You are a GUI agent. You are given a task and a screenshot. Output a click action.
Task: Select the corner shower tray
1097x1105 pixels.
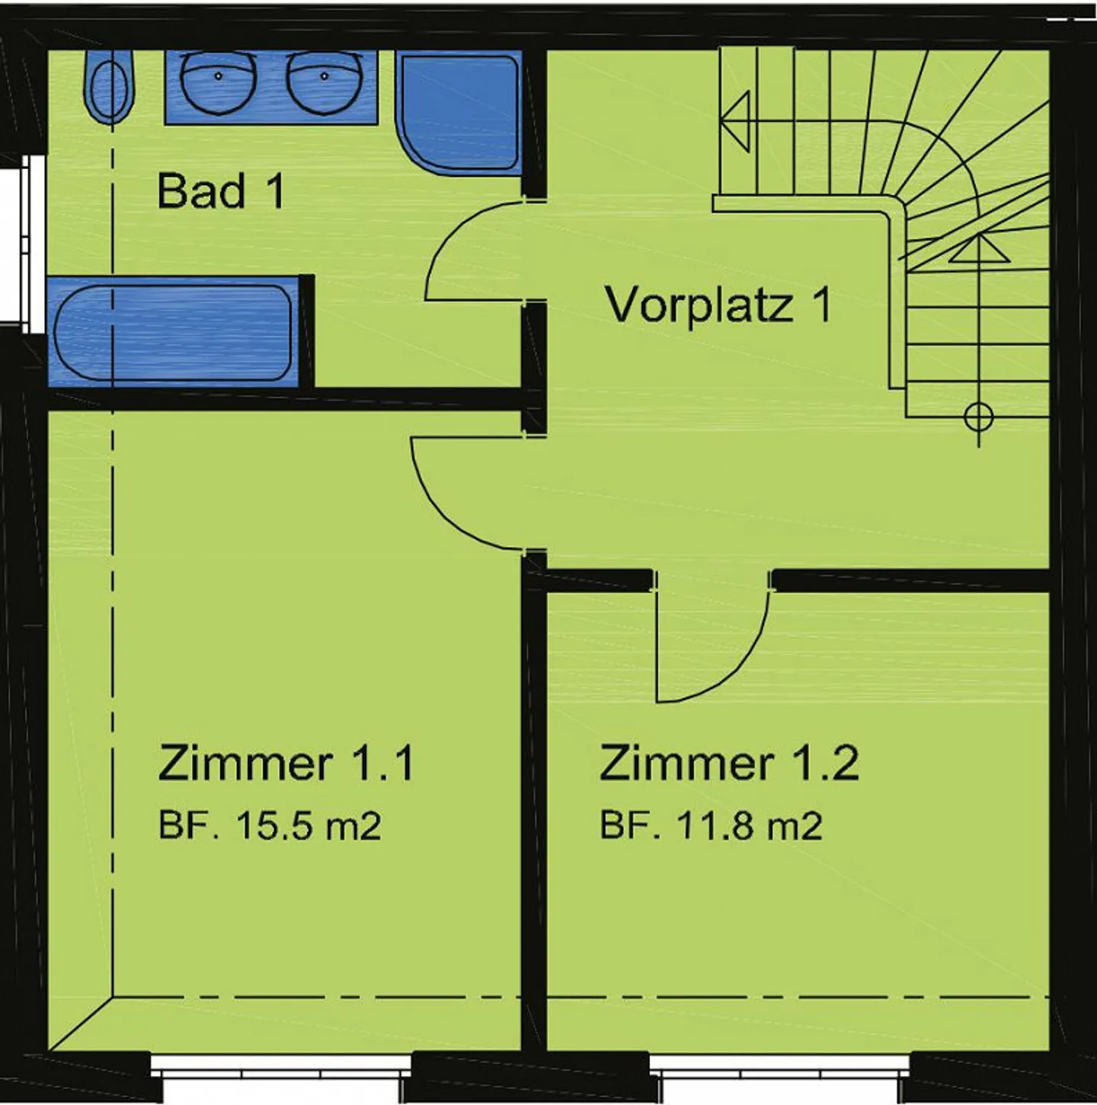[459, 113]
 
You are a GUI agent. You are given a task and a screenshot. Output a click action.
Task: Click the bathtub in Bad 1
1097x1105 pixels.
[174, 333]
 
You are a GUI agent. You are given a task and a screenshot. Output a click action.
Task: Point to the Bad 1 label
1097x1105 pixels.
[221, 191]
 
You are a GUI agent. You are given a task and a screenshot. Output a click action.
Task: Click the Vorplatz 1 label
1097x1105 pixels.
[718, 305]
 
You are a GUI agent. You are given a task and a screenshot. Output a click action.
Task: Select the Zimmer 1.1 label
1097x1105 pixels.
[286, 762]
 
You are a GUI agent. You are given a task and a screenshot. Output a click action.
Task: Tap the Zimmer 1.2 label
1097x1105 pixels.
[728, 762]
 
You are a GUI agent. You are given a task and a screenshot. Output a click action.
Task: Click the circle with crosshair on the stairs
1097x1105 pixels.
[979, 417]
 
